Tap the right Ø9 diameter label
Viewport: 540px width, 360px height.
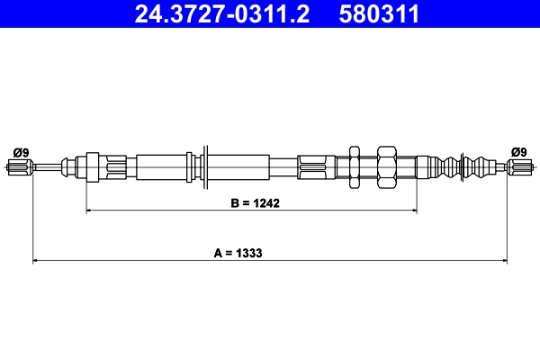click(x=518, y=151)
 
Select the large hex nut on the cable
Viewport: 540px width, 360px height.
click(x=386, y=166)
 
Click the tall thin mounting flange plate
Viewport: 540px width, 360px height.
click(x=205, y=166)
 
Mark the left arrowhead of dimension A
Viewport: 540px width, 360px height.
click(x=37, y=262)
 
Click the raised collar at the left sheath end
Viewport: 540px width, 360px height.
click(x=91, y=166)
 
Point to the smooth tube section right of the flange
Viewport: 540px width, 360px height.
click(x=238, y=166)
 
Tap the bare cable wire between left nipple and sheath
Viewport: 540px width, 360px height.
click(x=47, y=166)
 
